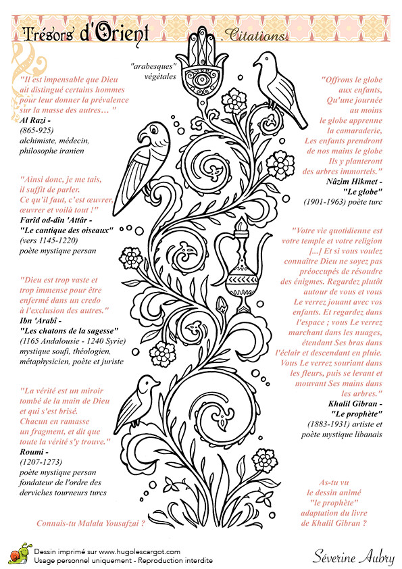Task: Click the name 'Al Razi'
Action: [x=36, y=120]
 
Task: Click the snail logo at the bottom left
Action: [x=19, y=554]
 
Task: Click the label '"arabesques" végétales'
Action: [x=154, y=72]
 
